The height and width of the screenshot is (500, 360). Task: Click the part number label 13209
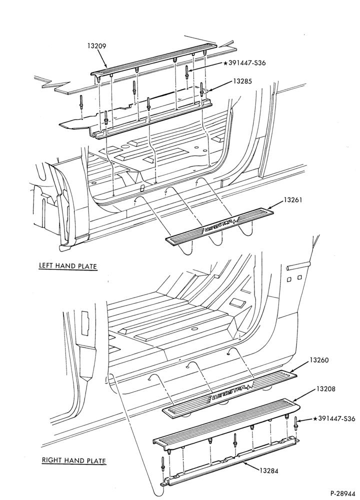point(96,46)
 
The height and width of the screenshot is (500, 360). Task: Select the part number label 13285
point(242,81)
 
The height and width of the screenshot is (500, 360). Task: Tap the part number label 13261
point(293,200)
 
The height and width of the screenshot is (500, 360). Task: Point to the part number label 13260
point(319,360)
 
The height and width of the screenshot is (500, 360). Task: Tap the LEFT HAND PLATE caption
point(67,265)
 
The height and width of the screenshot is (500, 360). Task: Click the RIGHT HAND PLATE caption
point(73,460)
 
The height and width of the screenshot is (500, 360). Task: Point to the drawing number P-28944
point(342,493)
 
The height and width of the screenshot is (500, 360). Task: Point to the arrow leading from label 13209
point(102,59)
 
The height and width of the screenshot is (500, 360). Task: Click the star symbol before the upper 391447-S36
point(226,63)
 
